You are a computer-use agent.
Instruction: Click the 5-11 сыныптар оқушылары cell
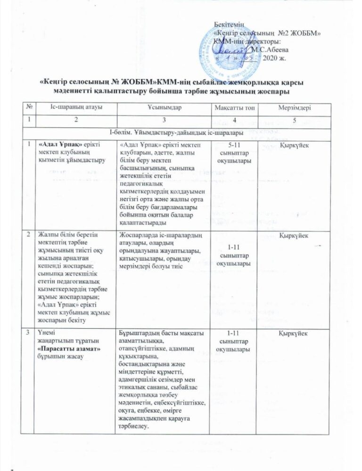pyautogui.click(x=231, y=153)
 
